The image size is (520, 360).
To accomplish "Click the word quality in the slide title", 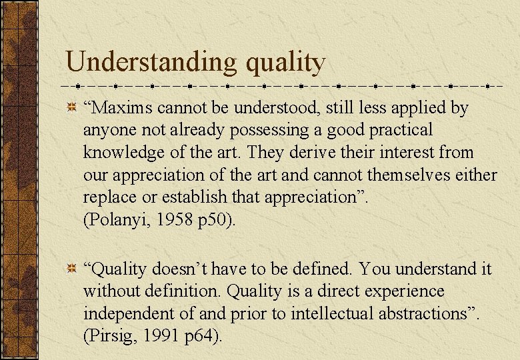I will (x=285, y=63).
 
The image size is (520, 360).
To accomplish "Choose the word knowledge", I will (x=123, y=153).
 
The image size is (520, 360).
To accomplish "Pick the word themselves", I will (x=404, y=175).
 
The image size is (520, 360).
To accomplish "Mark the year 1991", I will (x=157, y=337).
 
